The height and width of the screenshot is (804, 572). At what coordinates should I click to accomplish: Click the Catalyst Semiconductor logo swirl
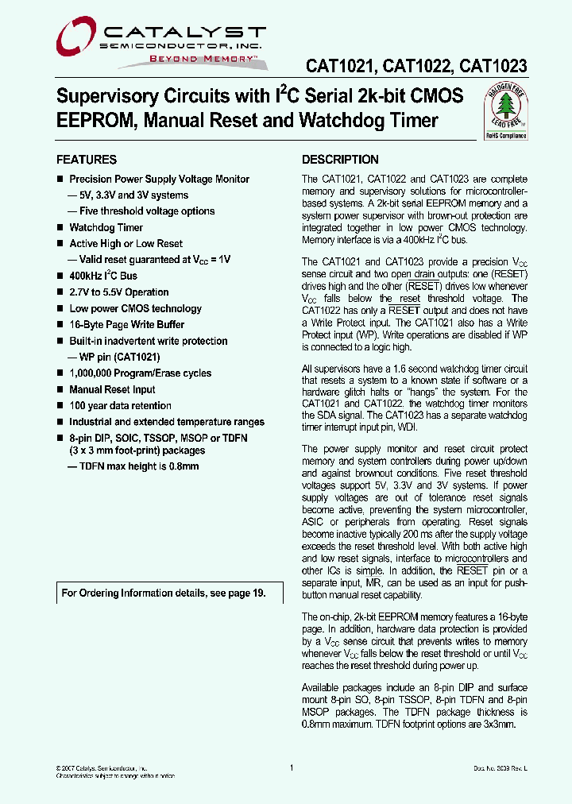point(78,37)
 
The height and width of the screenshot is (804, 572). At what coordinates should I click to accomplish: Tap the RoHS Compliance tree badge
point(506,113)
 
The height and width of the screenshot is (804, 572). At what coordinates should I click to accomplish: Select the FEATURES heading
point(87,160)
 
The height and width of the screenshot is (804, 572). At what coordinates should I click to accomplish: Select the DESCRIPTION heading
point(340,160)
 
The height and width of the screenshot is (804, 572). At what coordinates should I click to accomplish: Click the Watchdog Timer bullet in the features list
point(106,228)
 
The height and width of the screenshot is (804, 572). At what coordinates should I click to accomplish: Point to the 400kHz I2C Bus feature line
point(103,276)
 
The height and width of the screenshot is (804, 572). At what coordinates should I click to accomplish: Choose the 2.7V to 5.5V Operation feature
point(119,292)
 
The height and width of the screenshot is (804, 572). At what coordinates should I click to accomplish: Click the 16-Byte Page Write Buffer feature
point(127,325)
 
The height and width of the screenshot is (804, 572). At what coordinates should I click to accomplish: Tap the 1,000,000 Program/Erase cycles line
point(141,373)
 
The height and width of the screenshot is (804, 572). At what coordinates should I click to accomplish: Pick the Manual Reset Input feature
point(112,390)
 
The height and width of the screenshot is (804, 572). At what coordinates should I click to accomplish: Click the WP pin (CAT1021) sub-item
point(111,358)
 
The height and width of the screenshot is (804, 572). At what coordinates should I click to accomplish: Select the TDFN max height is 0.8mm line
point(133,466)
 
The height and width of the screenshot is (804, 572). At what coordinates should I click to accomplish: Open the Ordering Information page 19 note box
point(163,593)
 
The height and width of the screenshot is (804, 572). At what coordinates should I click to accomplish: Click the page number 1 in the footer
point(292,767)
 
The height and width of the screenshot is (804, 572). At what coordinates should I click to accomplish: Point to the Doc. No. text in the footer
point(500,768)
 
